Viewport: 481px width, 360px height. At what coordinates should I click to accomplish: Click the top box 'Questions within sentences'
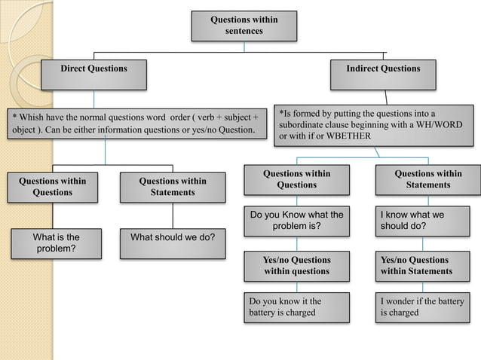[243, 26]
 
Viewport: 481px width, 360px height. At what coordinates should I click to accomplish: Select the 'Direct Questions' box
[94, 69]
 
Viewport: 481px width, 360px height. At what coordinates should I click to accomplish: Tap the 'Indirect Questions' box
[383, 69]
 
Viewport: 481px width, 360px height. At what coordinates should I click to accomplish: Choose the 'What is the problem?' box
[56, 243]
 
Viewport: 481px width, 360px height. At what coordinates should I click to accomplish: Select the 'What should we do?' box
[173, 238]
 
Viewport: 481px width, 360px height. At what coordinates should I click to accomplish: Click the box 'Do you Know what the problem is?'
[296, 221]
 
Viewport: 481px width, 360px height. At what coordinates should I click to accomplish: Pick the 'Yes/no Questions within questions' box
[296, 266]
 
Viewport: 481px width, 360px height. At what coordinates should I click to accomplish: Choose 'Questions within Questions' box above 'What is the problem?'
[52, 187]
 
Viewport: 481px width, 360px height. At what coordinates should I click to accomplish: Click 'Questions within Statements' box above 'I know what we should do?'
[427, 179]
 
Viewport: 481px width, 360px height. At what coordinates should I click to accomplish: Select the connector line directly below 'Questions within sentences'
[243, 46]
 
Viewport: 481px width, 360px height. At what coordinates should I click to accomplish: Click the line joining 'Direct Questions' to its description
[94, 99]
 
